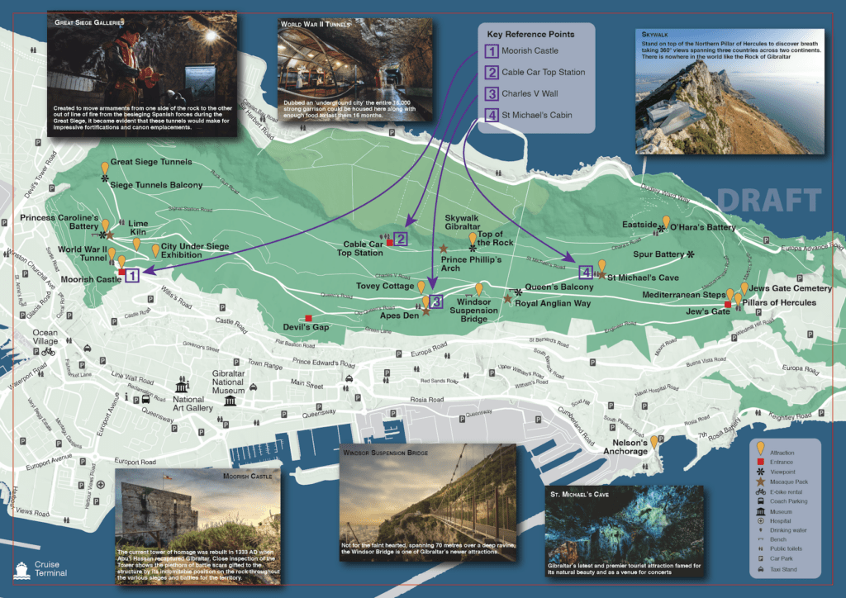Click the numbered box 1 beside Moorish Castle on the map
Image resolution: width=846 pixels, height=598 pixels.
(133, 278)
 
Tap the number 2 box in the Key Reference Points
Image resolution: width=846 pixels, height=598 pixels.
(491, 72)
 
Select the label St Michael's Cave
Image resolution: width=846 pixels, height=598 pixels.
(643, 278)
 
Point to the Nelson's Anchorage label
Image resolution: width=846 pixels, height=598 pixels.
(625, 447)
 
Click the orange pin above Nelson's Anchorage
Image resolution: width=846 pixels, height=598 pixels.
(654, 442)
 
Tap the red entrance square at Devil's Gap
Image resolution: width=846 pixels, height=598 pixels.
(309, 318)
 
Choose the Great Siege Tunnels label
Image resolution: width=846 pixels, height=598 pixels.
(151, 162)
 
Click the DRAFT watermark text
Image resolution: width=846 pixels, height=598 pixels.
(769, 200)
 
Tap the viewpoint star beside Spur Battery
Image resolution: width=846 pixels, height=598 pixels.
(691, 254)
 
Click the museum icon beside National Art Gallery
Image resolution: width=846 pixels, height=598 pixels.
(181, 387)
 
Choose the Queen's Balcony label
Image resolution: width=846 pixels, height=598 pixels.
(559, 287)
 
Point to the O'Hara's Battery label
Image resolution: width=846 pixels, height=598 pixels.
(702, 227)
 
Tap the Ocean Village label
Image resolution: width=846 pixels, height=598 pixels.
(45, 336)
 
